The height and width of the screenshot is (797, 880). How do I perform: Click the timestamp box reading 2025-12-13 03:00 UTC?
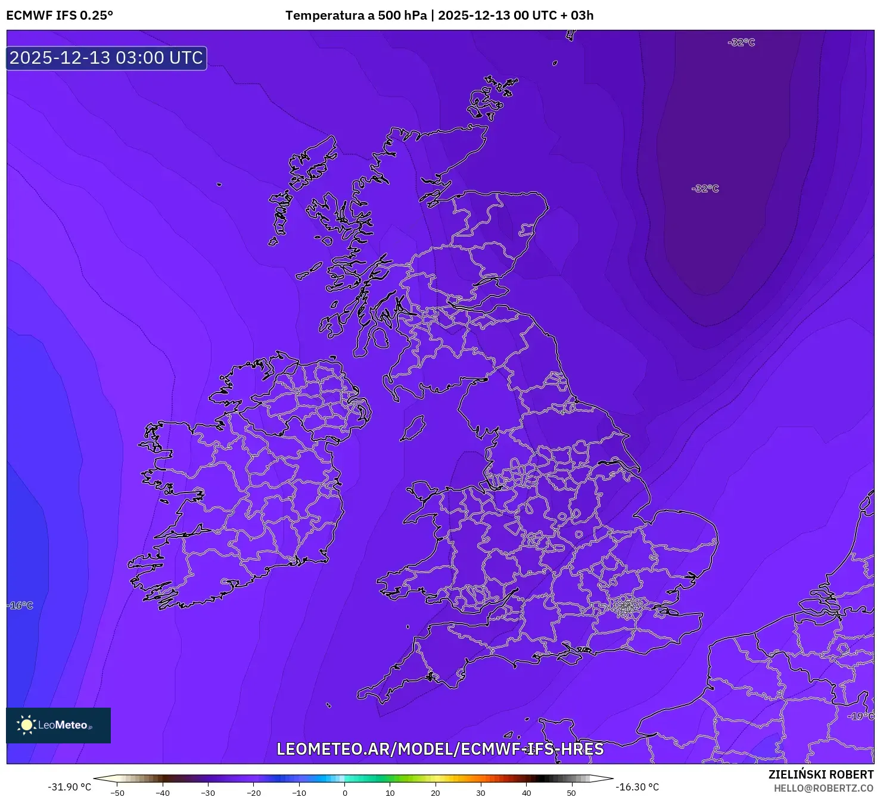pos(107,58)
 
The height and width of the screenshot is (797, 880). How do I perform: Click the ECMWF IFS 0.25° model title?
pos(60,15)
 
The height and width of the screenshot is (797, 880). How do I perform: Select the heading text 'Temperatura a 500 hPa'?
pos(356,15)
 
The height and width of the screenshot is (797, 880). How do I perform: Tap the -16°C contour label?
pos(21,605)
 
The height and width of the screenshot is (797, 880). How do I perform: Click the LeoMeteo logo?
pos(58,725)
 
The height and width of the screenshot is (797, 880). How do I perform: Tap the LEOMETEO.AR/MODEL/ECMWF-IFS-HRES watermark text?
pos(440,749)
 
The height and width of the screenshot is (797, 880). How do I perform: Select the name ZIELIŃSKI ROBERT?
pos(820,774)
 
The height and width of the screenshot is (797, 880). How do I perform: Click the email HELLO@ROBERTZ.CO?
pos(823,788)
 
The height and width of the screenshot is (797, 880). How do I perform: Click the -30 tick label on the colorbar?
pos(207,793)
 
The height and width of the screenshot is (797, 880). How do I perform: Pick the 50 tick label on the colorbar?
pos(571,793)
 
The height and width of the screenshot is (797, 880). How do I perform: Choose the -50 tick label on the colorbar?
pos(117,793)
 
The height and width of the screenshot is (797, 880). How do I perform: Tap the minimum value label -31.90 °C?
pos(70,787)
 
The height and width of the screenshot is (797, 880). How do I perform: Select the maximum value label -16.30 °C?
pos(638,787)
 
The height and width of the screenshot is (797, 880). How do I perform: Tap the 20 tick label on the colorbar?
pos(436,793)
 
